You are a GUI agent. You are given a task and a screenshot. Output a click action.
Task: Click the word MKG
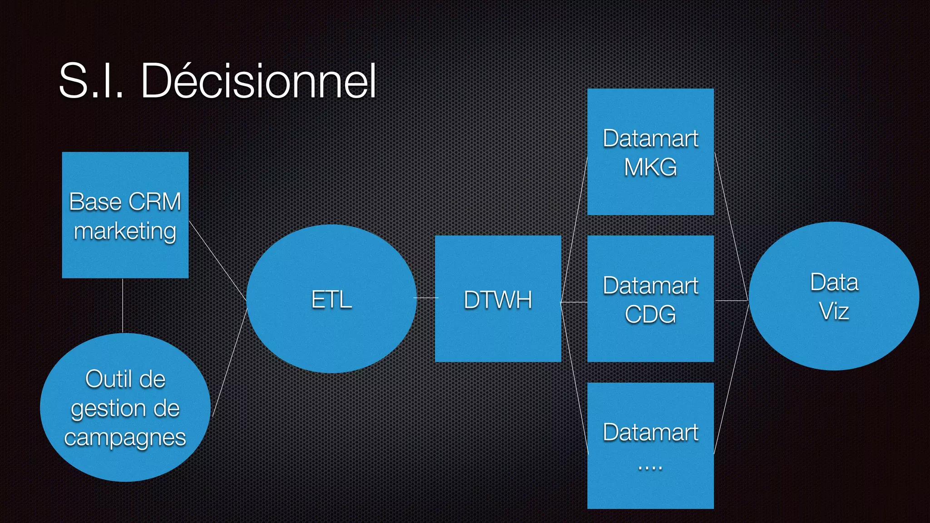click(x=650, y=167)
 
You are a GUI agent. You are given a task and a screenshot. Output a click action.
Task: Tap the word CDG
click(x=650, y=314)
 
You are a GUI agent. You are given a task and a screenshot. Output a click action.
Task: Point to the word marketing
click(x=125, y=231)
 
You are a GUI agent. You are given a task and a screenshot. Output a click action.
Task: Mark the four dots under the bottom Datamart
click(x=650, y=468)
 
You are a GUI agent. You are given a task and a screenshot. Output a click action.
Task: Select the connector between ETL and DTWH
click(x=426, y=298)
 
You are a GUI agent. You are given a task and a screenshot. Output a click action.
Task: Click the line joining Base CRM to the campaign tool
click(x=123, y=306)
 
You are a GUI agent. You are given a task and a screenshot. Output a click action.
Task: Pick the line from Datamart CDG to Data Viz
click(x=731, y=301)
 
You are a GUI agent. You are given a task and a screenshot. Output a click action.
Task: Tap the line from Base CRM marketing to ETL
click(x=217, y=260)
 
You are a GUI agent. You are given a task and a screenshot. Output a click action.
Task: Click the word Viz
click(x=834, y=311)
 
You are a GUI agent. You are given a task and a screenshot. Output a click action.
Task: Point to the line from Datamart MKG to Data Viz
click(x=731, y=226)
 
